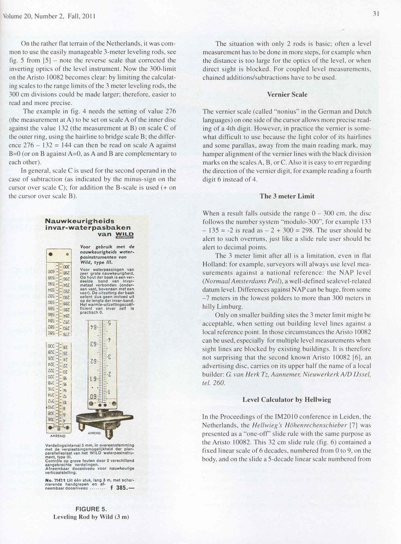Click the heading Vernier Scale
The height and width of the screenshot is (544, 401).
click(x=287, y=95)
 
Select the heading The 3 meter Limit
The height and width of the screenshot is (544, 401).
click(x=287, y=196)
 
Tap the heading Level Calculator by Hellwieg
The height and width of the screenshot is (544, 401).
click(x=287, y=400)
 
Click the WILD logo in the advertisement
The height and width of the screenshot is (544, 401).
click(x=124, y=235)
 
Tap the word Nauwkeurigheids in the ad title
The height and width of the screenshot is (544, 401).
click(x=79, y=221)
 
